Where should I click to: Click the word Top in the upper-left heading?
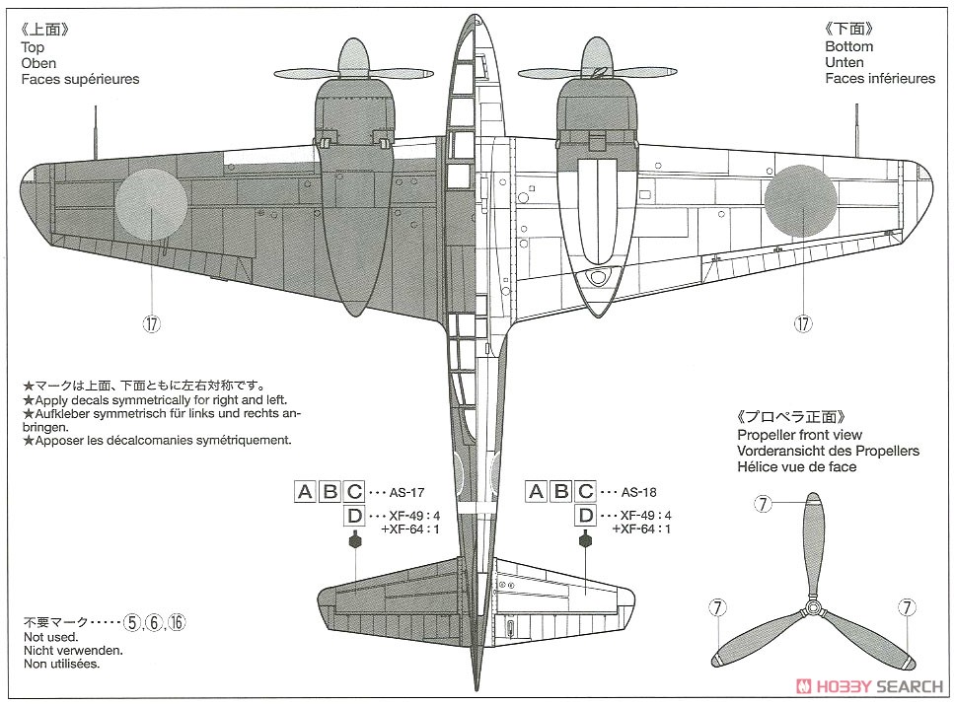click(x=33, y=47)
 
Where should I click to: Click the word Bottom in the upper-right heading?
click(x=848, y=46)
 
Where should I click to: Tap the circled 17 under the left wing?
click(x=152, y=323)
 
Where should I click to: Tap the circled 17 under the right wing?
click(x=803, y=323)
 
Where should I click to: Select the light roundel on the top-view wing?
click(x=151, y=202)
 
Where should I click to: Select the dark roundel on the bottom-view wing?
click(x=801, y=200)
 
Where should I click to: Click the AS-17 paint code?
click(x=407, y=493)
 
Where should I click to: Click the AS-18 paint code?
click(x=639, y=492)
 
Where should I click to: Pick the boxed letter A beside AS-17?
click(x=305, y=491)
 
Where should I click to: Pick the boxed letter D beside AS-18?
click(x=585, y=516)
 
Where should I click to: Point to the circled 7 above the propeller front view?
click(x=763, y=504)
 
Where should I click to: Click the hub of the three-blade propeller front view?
click(x=813, y=606)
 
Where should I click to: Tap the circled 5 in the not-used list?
click(x=131, y=622)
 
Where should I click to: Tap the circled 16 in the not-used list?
click(x=177, y=622)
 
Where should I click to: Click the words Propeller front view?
click(x=799, y=435)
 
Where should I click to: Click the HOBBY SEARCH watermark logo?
click(x=869, y=686)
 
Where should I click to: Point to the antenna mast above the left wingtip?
click(x=96, y=132)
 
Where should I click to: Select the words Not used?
click(x=51, y=637)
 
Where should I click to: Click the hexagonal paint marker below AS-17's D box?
click(x=354, y=539)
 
